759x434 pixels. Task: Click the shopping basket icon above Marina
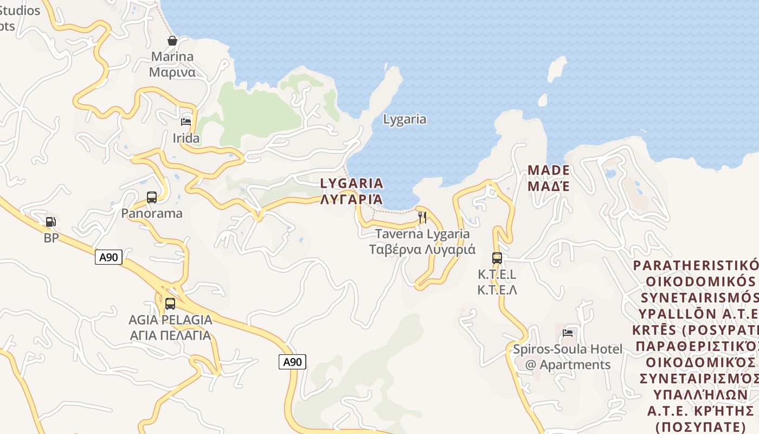click(172, 41)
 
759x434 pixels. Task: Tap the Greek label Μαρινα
click(172, 72)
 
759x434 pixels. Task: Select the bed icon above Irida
click(186, 122)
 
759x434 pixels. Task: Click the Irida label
click(186, 138)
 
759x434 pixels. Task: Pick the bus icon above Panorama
click(152, 197)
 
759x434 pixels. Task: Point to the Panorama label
click(152, 213)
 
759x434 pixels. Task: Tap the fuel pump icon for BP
click(50, 222)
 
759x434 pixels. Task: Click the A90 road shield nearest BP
click(108, 257)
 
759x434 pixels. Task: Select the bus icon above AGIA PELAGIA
click(170, 304)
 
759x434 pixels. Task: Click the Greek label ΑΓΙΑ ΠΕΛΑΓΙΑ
click(170, 335)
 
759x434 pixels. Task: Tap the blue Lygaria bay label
click(404, 119)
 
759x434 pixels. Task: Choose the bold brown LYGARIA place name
click(352, 183)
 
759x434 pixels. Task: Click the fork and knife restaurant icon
click(422, 218)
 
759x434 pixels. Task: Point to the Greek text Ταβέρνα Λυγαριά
click(422, 250)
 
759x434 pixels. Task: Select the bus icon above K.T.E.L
click(497, 258)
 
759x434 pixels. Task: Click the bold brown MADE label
click(549, 170)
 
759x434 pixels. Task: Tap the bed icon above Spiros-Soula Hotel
click(568, 333)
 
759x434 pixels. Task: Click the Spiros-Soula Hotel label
click(568, 349)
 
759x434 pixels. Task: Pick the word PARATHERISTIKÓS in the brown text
click(696, 266)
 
